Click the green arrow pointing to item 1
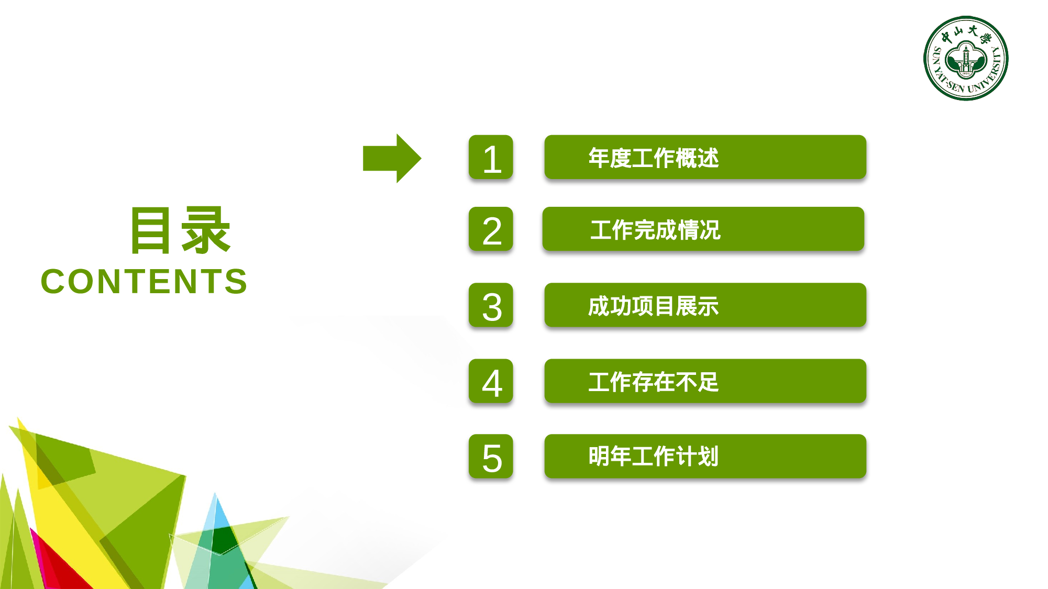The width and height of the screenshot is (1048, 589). point(391,158)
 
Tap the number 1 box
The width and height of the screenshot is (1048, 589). point(491,158)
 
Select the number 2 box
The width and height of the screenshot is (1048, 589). point(491,229)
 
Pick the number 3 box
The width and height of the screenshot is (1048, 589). point(491,305)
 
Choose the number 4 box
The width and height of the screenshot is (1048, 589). point(491,381)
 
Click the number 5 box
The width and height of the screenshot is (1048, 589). point(491,457)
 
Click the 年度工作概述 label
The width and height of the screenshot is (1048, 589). point(653,158)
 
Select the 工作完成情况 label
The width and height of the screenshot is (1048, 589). point(655,230)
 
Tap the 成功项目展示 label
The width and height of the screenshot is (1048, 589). point(653,306)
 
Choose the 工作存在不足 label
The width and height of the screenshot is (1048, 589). point(653,382)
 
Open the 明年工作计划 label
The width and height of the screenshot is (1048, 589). point(653,457)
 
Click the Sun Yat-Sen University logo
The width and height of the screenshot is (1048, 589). point(966,58)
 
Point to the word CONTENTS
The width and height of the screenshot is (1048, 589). point(144,282)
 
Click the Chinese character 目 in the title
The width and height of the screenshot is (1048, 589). point(151,230)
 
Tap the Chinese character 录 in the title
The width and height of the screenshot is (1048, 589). point(205,230)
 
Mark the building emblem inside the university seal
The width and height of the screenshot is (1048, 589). point(966,59)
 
